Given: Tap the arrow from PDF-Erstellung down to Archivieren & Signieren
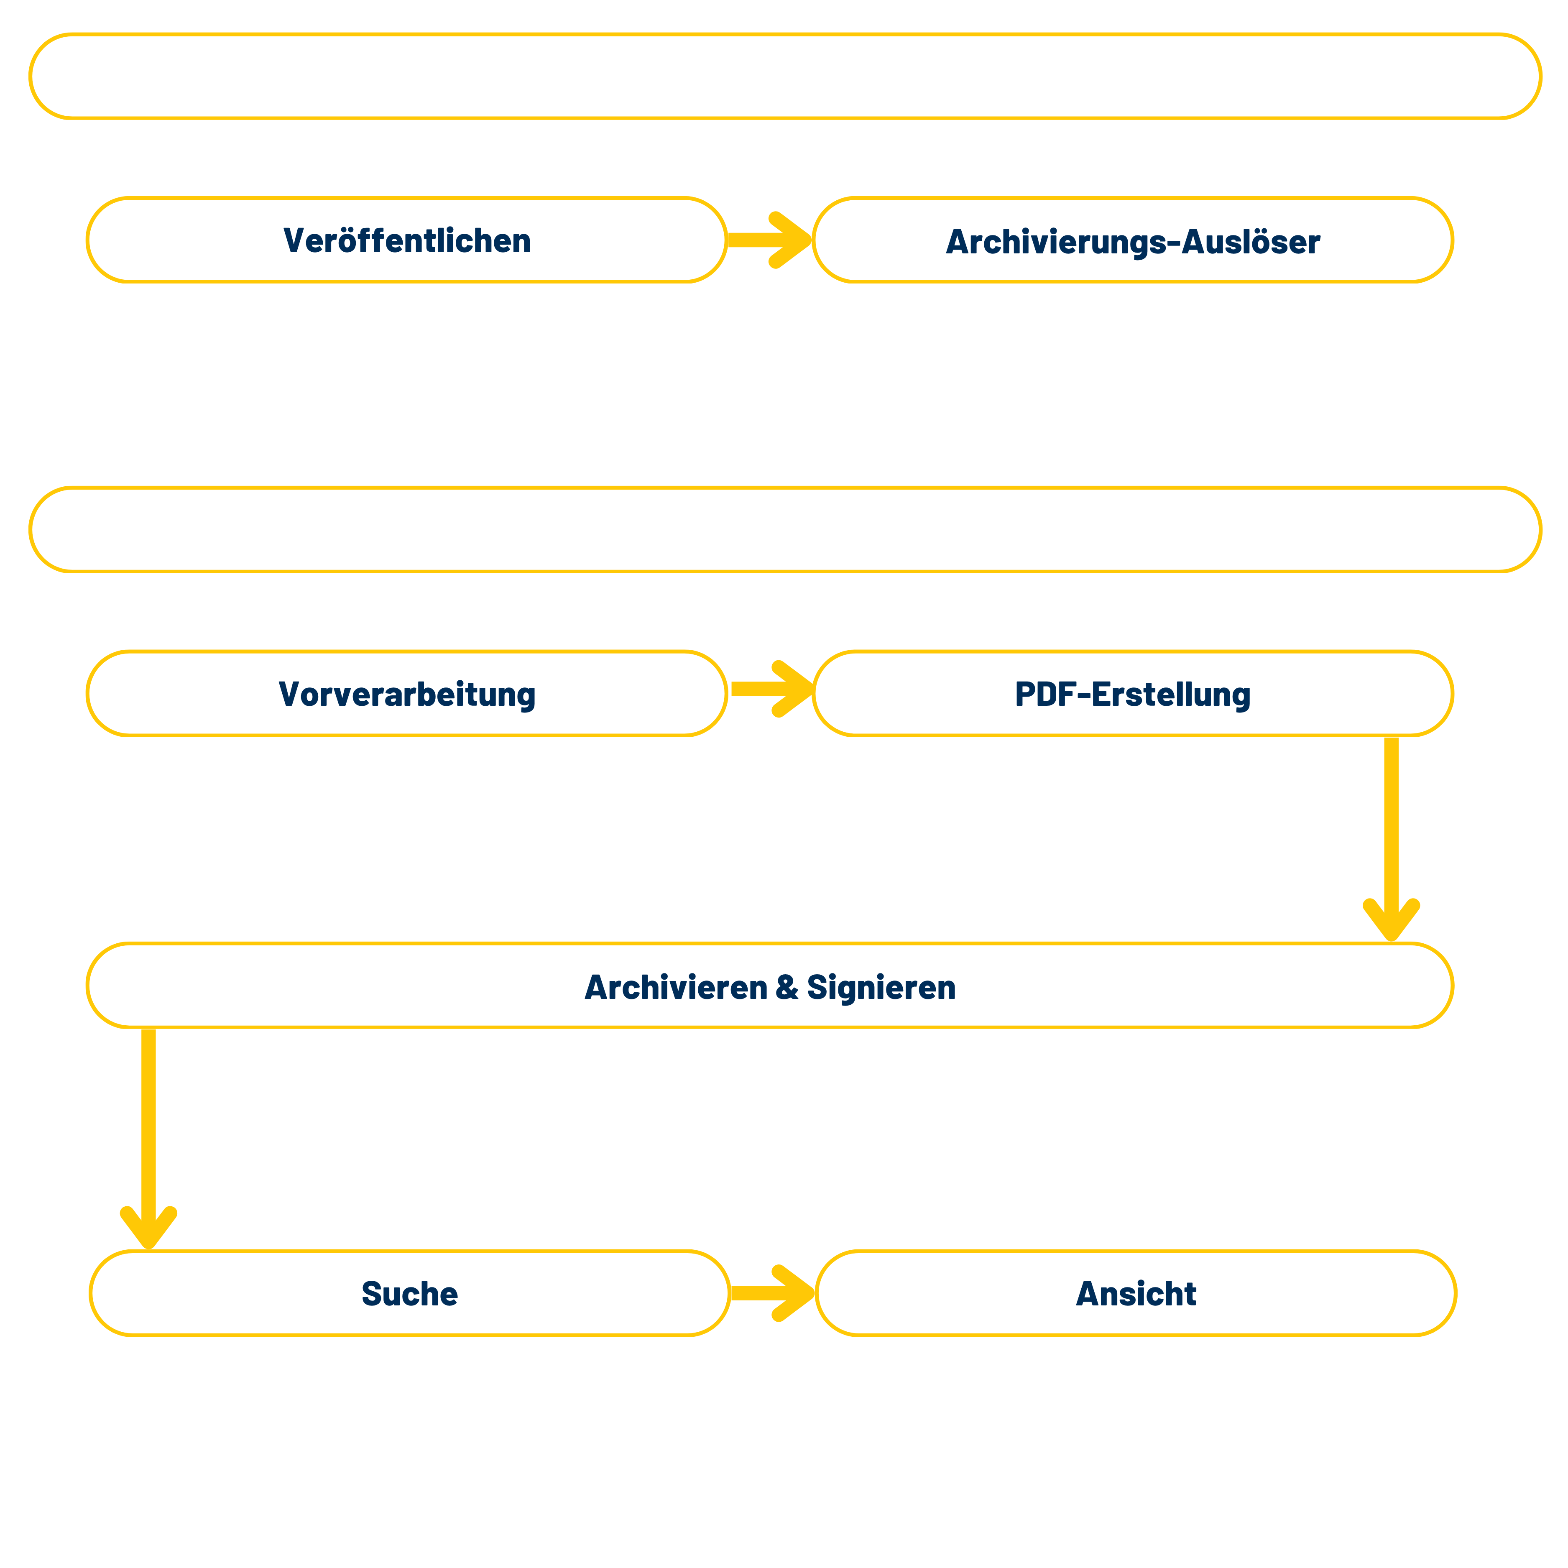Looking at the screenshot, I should (1391, 836).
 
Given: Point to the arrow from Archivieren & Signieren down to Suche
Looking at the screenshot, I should (148, 1136).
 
